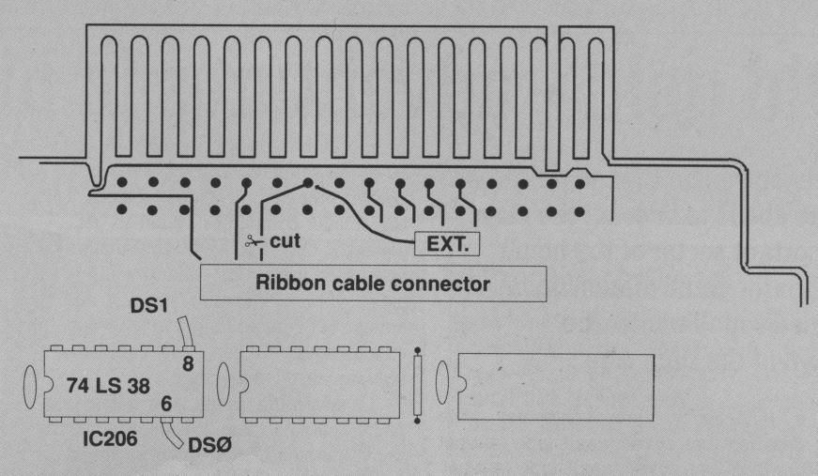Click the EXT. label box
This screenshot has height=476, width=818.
pos(447,245)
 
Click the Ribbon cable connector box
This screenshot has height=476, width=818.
pos(374,283)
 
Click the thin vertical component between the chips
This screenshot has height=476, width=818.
pos(417,385)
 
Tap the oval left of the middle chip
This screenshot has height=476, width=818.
pos(224,385)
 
